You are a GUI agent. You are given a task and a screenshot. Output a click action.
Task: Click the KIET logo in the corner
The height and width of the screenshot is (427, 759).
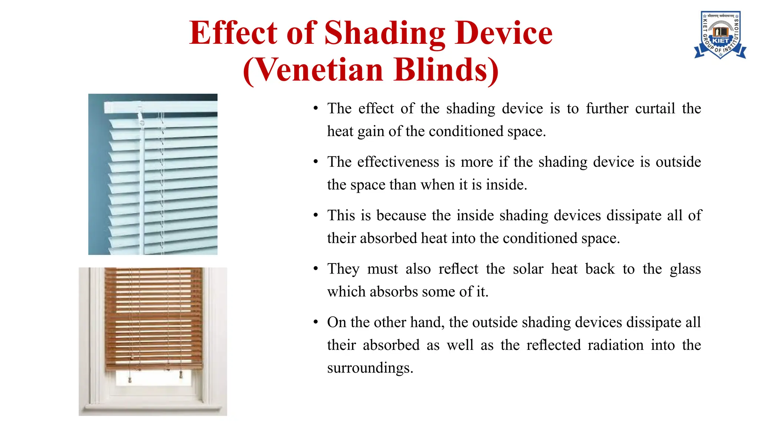[x=720, y=35]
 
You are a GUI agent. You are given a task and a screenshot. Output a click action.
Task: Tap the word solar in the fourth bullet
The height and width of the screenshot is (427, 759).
[x=528, y=269]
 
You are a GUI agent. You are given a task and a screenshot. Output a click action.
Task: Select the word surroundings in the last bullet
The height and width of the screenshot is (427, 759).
[x=369, y=368]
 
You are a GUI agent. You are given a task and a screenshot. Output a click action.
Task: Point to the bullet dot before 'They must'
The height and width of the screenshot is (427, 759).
[x=316, y=268]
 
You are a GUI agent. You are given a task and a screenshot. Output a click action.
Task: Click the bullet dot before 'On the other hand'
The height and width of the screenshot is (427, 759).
[x=316, y=322]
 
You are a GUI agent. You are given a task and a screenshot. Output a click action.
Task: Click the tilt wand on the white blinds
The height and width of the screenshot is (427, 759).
[x=142, y=185]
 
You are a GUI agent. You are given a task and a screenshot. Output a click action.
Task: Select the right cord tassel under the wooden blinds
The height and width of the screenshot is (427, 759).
[x=181, y=375]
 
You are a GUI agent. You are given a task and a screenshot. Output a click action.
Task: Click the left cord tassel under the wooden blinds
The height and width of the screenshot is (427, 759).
[x=130, y=380]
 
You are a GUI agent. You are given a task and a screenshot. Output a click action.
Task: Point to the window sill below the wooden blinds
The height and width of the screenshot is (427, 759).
[x=153, y=409]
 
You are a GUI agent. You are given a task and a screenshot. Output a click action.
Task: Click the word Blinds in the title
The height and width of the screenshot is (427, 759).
[x=446, y=70]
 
